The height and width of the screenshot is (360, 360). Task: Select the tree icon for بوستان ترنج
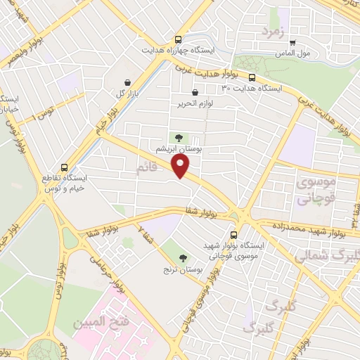coord(184,257)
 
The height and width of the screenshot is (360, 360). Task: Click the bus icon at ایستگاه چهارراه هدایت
coord(179,40)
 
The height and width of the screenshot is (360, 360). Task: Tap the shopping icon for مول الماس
coord(293,43)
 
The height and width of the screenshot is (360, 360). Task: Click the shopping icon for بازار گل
coord(127,82)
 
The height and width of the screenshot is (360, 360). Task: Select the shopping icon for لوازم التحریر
coord(195,92)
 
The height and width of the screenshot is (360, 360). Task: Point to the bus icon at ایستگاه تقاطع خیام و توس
coord(65,168)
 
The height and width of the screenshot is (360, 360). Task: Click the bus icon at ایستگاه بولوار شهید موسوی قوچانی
coord(233,236)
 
